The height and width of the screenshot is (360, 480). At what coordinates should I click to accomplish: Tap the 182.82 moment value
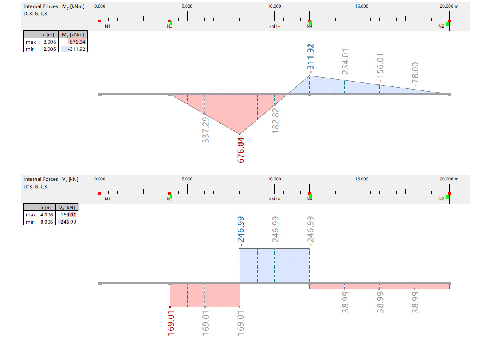click(x=275, y=120)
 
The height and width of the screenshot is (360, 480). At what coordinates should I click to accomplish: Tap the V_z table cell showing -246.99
click(x=68, y=222)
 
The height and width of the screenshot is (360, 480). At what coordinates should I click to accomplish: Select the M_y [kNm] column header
click(x=73, y=34)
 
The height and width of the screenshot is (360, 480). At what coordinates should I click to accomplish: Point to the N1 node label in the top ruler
click(x=108, y=26)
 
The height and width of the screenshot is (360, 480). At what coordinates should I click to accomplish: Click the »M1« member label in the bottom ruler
click(x=274, y=199)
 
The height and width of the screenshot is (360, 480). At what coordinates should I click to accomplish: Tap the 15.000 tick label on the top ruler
click(x=362, y=6)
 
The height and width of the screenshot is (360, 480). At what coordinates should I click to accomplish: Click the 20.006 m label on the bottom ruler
click(x=449, y=179)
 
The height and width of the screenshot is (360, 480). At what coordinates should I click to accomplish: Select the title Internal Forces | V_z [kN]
click(x=51, y=179)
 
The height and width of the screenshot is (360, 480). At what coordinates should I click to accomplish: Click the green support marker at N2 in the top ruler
click(x=447, y=24)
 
